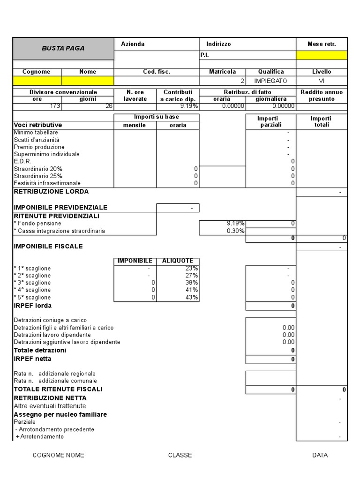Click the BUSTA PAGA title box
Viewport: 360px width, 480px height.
point(63,48)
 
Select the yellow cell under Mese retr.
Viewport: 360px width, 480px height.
point(322,55)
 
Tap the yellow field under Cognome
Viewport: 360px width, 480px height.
point(37,81)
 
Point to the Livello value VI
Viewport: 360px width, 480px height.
point(322,81)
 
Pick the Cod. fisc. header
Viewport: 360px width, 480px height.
point(157,72)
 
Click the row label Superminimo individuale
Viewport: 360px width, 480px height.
point(46,154)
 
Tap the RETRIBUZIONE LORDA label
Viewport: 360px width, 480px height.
point(51,191)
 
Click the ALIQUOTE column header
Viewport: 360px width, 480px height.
point(178,261)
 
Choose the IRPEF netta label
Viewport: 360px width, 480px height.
point(32,359)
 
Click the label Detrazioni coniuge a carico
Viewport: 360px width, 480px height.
point(50,320)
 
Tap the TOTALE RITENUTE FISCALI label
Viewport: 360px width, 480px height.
point(58,389)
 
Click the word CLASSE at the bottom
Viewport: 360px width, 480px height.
point(180,455)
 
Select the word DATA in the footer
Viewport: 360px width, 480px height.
point(320,455)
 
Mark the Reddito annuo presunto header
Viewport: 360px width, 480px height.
point(322,96)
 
